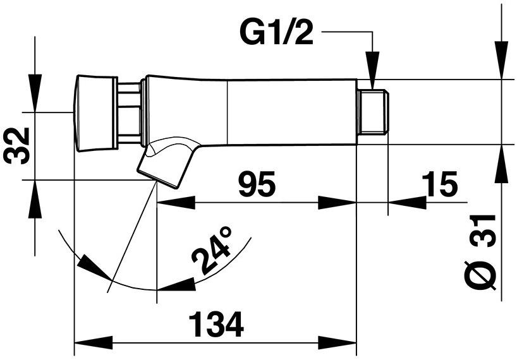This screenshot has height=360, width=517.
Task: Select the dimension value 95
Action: point(257,184)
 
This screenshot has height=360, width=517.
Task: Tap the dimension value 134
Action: point(217,325)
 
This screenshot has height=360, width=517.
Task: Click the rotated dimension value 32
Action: point(17,145)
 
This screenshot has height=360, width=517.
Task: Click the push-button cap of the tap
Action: point(95,113)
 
